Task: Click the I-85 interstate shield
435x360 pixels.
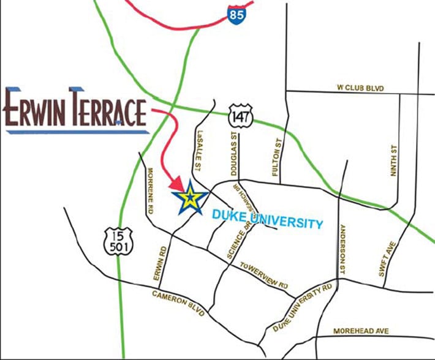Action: pyautogui.click(x=236, y=13)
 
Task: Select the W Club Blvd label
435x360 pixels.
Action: pyautogui.click(x=360, y=89)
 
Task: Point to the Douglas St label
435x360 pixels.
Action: pyautogui.click(x=233, y=158)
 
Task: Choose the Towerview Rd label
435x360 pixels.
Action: pyautogui.click(x=264, y=276)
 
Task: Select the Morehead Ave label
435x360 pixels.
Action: pyautogui.click(x=361, y=331)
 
